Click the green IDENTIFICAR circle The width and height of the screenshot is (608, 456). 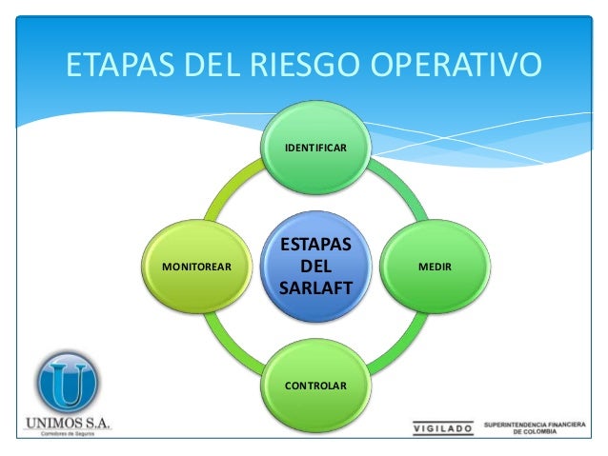tap(315, 149)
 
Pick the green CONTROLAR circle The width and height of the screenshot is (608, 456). tap(315, 386)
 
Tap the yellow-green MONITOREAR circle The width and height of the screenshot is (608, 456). tap(196, 268)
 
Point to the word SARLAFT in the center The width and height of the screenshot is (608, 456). tap(315, 288)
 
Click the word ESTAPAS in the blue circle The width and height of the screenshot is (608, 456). tap(315, 247)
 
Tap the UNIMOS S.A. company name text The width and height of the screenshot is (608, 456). tap(65, 422)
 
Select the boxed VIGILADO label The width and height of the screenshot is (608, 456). tap(441, 428)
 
